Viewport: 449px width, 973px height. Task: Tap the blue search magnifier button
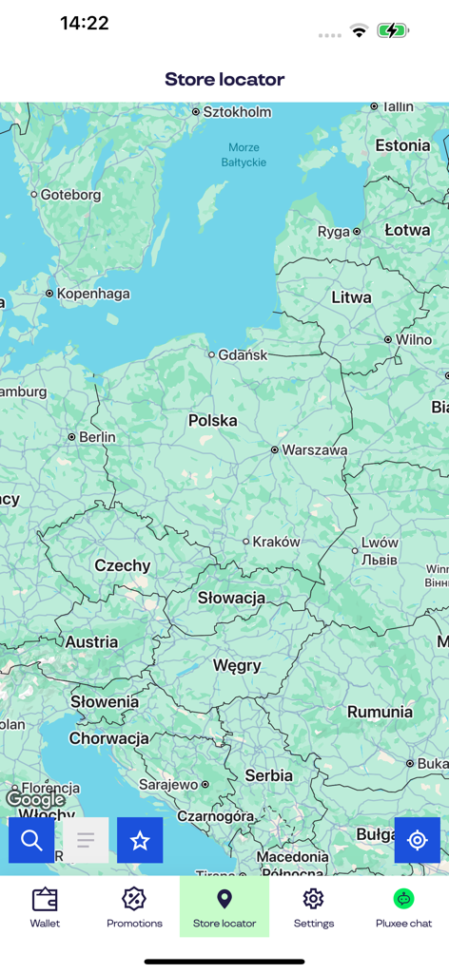[x=31, y=840]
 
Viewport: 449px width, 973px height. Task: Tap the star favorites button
[x=140, y=840]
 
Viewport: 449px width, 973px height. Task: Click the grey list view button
[x=86, y=840]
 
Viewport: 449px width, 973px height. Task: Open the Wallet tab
[x=45, y=906]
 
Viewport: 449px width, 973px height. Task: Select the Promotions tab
[x=134, y=906]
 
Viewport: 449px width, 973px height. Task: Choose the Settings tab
[x=313, y=906]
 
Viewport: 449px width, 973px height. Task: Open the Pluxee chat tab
[x=403, y=906]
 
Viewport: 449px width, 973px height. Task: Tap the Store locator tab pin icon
[x=224, y=898]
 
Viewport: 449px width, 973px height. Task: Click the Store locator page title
[x=224, y=79]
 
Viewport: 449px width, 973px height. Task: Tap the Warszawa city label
[x=315, y=449]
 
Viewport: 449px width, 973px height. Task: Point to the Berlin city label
[x=97, y=437]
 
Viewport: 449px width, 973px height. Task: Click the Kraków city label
[x=276, y=542]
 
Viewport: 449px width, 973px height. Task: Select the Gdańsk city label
[x=243, y=354]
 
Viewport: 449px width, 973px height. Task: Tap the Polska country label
[x=213, y=420]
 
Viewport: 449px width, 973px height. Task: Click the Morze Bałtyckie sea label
[x=244, y=155]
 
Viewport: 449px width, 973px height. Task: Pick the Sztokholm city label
[x=237, y=112]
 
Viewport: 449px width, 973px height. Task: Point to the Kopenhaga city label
[x=93, y=294]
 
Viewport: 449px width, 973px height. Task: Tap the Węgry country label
[x=237, y=665]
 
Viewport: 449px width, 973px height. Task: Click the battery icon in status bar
[x=392, y=30]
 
